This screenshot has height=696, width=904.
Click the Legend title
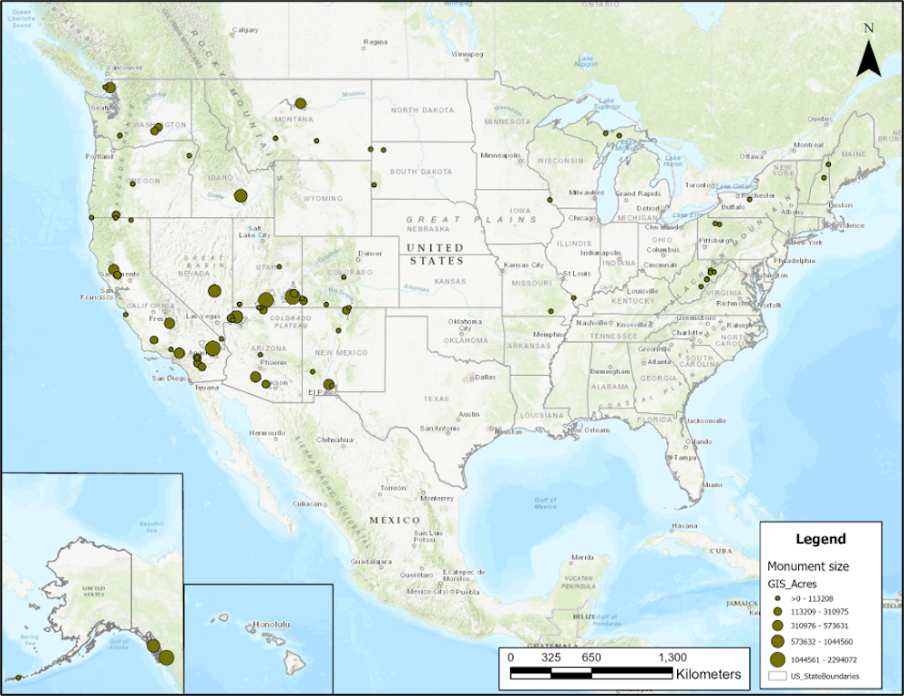[820, 539]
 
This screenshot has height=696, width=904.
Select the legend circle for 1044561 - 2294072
[777, 658]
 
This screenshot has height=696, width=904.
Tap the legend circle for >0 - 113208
[777, 597]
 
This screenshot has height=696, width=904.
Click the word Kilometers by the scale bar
[708, 674]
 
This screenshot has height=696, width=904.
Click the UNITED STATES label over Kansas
[435, 254]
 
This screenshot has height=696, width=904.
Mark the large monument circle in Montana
[300, 103]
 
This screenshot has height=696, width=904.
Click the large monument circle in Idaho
[240, 195]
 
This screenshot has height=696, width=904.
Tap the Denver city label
[370, 253]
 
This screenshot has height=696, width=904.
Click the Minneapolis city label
[500, 155]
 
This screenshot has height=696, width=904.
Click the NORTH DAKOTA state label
[421, 110]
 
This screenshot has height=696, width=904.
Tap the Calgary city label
[246, 30]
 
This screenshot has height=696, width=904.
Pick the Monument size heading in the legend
[807, 567]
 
